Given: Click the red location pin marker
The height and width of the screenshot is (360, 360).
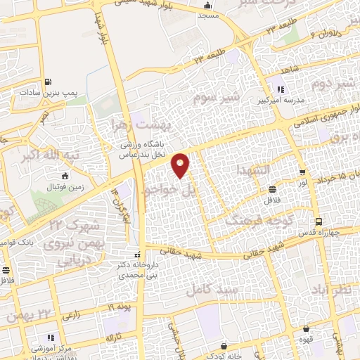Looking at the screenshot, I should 181,165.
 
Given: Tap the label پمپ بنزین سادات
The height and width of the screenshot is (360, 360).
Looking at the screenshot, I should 47,92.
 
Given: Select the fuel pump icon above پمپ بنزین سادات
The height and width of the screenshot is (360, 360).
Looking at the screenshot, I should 47,80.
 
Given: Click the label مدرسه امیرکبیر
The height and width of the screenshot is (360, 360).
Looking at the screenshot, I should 283,101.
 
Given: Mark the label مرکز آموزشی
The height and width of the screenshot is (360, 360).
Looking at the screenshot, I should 50,350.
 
